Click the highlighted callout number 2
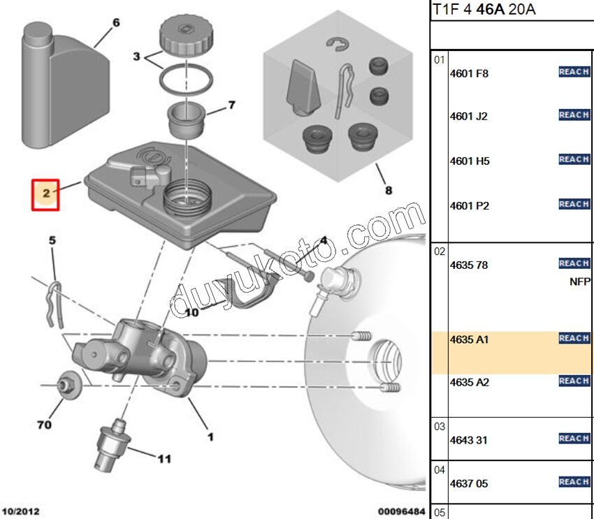tap(46, 193)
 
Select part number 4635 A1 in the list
tap(469, 340)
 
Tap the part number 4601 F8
tap(469, 73)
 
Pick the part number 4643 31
tap(469, 440)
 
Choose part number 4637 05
tap(469, 483)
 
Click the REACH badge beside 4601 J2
tap(574, 115)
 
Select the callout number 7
tap(231, 106)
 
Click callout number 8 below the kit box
tap(388, 190)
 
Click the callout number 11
tap(164, 459)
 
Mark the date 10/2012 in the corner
tap(20, 512)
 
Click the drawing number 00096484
tap(401, 512)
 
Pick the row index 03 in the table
tap(439, 426)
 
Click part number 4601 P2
tap(469, 206)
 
